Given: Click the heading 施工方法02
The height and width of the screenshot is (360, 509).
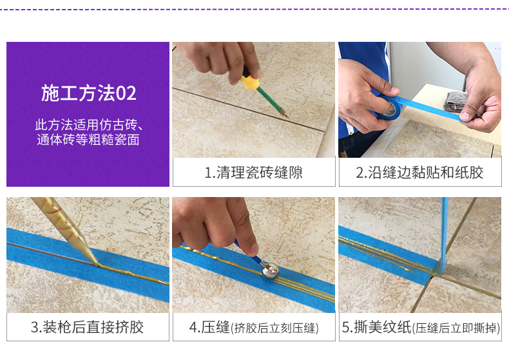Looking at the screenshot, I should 88,93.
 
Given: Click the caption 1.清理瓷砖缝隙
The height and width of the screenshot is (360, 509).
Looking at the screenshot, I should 253,173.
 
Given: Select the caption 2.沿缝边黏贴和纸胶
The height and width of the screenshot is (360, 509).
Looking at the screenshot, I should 419,173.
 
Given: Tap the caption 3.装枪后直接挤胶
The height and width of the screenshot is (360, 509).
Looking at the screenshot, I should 88,327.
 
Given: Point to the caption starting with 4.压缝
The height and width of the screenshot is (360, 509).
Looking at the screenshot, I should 253,327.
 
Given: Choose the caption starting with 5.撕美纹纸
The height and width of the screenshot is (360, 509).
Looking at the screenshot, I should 419,327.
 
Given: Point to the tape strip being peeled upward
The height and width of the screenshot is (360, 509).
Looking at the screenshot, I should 444,232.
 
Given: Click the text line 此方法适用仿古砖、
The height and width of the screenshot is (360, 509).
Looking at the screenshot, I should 88,124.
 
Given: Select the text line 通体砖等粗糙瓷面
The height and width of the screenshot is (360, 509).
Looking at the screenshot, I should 88,139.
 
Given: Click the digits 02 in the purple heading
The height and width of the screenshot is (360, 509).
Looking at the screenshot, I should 126,93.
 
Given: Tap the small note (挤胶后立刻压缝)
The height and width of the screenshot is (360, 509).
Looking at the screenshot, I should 275,328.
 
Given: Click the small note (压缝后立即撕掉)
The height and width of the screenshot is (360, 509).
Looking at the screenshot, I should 456,328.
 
